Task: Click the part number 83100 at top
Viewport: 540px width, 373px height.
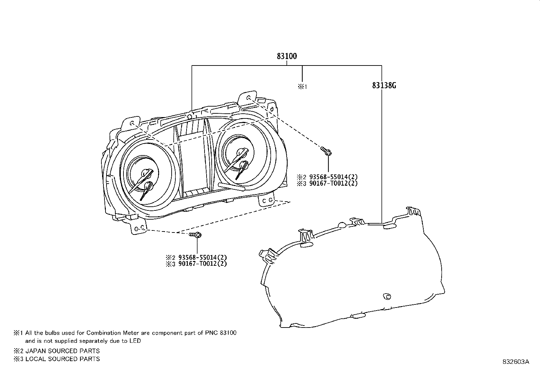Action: [287, 56]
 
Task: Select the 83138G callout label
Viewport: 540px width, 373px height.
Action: [384, 86]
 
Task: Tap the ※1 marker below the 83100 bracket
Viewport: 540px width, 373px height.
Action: [302, 87]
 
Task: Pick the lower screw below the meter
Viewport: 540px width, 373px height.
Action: [196, 235]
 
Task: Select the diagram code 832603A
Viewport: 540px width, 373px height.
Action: [516, 361]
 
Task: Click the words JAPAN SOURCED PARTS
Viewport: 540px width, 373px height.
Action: [62, 351]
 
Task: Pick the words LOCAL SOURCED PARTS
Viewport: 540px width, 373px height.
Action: [62, 359]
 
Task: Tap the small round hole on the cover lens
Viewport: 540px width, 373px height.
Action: [386, 296]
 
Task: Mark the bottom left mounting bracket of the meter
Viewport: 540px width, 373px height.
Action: [138, 228]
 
